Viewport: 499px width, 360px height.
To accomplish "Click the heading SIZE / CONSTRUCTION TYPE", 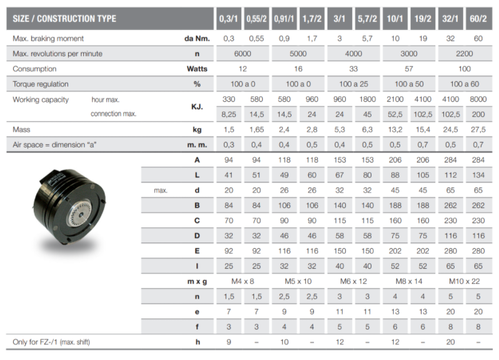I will coord(64,19).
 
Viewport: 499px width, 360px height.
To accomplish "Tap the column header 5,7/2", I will coord(368,19).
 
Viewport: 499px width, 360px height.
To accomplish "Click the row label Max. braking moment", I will coord(48,39).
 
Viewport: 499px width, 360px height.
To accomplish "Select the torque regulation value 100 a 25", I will coord(354,84).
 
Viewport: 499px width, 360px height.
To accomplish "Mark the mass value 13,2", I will coord(395,129).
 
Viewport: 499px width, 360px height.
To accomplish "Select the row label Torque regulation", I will coord(41,84).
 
